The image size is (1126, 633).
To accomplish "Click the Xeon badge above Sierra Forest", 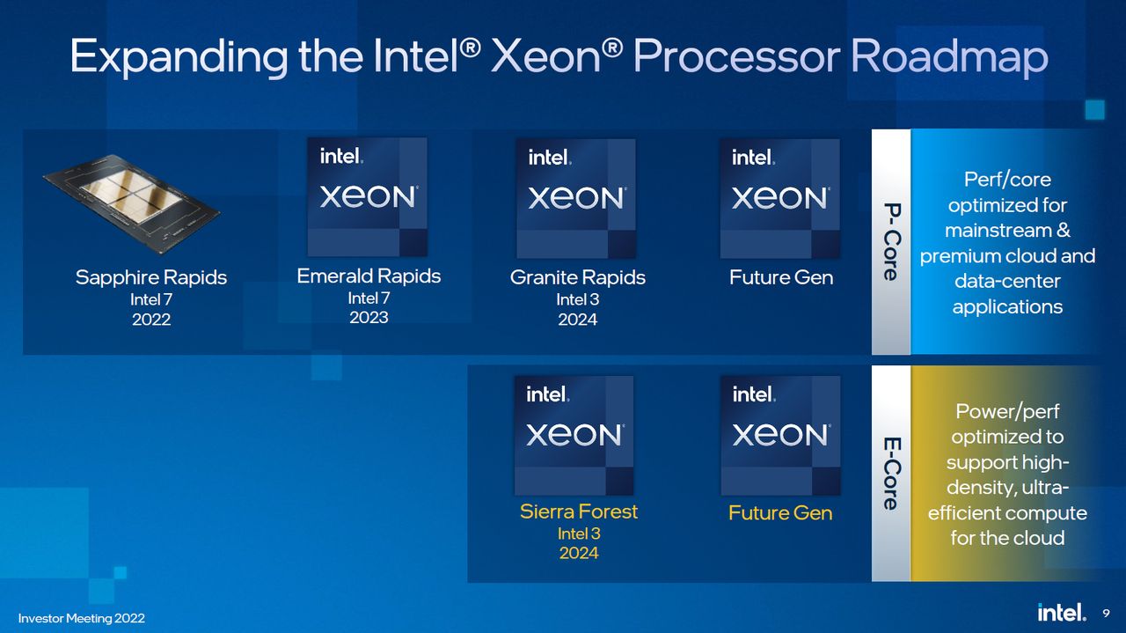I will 574,435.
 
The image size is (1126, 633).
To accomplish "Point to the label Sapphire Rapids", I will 151,277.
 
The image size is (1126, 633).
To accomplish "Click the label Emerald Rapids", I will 369,276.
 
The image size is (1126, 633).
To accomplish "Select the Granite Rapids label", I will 578,277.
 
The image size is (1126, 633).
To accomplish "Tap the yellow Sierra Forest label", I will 579,512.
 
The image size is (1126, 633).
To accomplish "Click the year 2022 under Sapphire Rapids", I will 151,320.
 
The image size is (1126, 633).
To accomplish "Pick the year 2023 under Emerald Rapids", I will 369,317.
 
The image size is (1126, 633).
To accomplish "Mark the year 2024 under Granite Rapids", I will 578,320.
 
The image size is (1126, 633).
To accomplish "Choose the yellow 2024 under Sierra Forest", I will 579,553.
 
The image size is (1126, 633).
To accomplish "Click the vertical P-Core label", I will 890,242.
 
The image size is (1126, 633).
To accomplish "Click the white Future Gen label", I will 781,277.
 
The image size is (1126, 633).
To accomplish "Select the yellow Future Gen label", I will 780,512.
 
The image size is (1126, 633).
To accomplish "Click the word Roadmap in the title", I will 949,56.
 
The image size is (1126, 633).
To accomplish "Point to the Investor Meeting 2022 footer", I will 82,619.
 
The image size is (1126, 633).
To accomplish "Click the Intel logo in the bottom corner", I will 1061,613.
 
